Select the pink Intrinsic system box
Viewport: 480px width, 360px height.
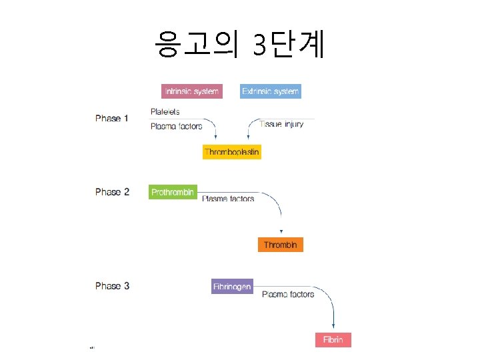(191, 91)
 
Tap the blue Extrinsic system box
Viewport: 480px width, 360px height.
(271, 91)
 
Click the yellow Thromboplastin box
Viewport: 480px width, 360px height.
(231, 152)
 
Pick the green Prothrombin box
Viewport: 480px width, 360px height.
(173, 192)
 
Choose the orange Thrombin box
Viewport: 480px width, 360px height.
(280, 245)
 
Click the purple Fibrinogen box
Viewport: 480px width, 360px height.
(232, 287)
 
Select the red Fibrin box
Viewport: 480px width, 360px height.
(333, 340)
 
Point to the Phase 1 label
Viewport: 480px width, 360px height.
(112, 119)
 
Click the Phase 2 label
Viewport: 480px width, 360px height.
(112, 192)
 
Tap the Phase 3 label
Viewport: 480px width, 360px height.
(112, 286)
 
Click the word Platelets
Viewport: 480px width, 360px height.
(165, 111)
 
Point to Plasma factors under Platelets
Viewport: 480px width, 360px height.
(176, 126)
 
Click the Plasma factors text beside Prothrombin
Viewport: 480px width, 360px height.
(228, 199)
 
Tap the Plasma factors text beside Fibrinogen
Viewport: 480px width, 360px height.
(288, 294)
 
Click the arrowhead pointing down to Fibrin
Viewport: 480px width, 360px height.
(333, 325)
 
